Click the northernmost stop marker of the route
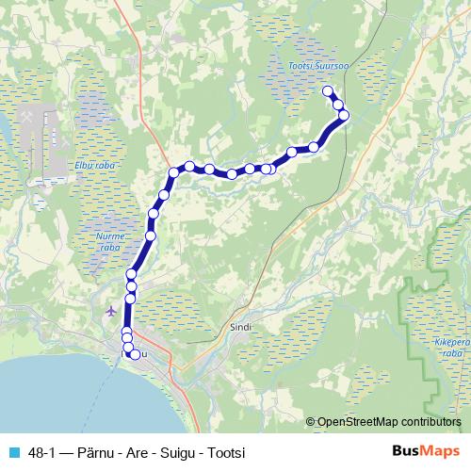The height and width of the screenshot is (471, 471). [x=328, y=91]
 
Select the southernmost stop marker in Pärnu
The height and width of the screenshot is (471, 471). [x=134, y=355]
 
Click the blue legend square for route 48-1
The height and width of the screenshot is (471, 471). [x=12, y=451]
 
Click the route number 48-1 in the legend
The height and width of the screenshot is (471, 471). [x=41, y=451]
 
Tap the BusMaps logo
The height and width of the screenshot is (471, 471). [x=424, y=450]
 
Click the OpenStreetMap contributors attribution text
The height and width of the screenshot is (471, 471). [x=388, y=423]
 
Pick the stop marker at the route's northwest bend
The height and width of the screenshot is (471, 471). [x=174, y=171]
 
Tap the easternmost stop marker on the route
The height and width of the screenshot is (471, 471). [x=344, y=115]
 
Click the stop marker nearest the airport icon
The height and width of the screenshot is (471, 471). [x=130, y=298]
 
